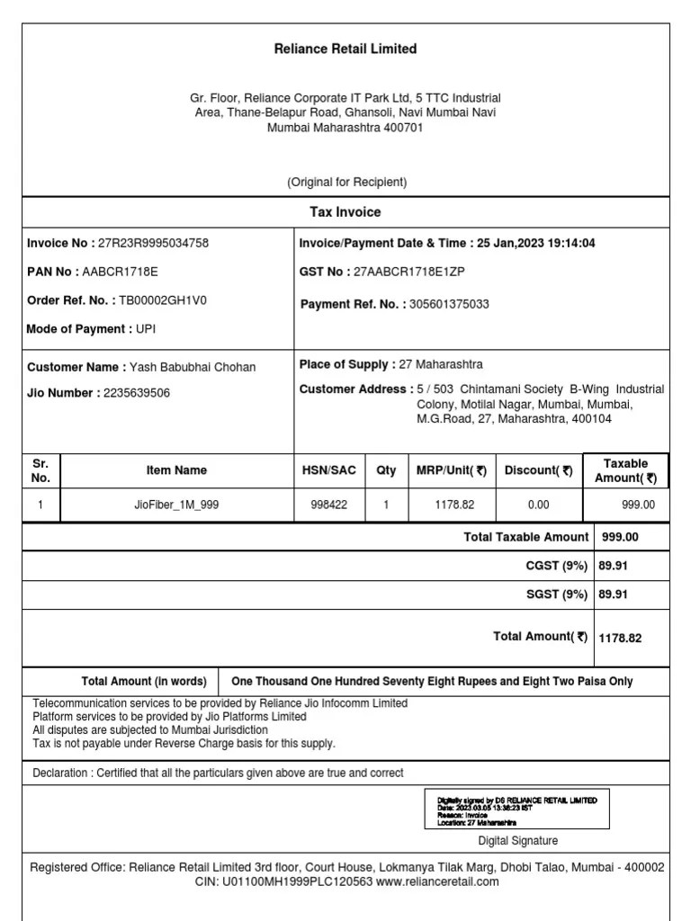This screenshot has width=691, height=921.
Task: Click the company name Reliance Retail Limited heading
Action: pos(345,49)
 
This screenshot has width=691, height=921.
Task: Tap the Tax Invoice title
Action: pos(345,212)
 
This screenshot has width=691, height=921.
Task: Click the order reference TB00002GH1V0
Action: pos(163,300)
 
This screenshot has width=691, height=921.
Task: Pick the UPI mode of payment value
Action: pos(146,329)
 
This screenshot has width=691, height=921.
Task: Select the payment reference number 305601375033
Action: pos(449,304)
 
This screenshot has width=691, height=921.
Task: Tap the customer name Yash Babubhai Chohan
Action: pos(193,367)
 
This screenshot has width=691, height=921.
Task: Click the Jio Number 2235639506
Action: pos(137,393)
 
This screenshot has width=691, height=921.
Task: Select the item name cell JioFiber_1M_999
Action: pos(176,505)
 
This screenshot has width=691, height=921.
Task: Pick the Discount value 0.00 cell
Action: pos(538,505)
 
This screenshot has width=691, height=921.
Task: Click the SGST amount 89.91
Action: pos(613,595)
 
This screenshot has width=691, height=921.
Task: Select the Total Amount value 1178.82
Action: pos(620,638)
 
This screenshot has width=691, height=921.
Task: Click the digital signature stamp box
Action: pos(516,809)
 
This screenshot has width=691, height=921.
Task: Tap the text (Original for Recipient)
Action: pos(346,183)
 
